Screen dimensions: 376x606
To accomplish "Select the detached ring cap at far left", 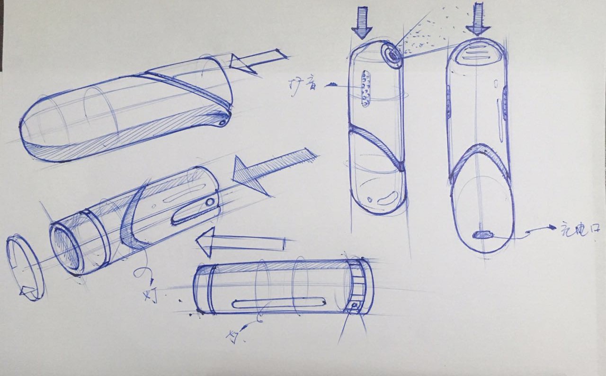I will point(25,268).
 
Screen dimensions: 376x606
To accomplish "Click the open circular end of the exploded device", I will point(65,250).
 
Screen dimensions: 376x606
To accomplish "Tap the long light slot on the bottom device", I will point(279,303).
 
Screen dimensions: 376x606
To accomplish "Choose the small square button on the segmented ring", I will point(354,306).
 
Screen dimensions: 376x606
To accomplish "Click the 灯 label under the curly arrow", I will point(151,296).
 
